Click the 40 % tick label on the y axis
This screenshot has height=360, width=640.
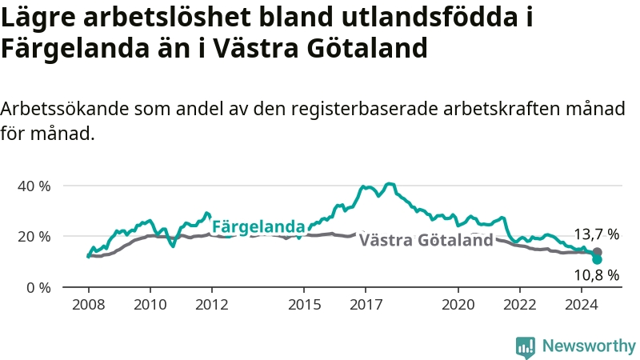pyautogui.click(x=34, y=186)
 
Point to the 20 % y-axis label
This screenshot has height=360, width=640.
pyautogui.click(x=34, y=237)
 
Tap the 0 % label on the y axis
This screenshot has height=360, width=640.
pyautogui.click(x=38, y=288)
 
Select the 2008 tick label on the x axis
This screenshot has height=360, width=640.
pyautogui.click(x=89, y=305)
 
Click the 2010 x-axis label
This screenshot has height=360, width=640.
pyautogui.click(x=150, y=305)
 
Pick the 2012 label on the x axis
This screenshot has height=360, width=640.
pyautogui.click(x=212, y=305)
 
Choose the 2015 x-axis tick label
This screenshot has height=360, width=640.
pyautogui.click(x=305, y=305)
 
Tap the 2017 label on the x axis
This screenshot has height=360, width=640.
pyautogui.click(x=366, y=305)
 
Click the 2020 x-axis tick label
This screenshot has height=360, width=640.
pyautogui.click(x=458, y=305)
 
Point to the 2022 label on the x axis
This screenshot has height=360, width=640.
pyautogui.click(x=520, y=305)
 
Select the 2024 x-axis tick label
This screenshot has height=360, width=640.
pyautogui.click(x=582, y=305)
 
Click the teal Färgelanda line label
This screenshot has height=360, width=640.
pyautogui.click(x=258, y=226)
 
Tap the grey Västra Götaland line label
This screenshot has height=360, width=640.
pyautogui.click(x=426, y=240)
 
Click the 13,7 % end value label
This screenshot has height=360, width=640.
pyautogui.click(x=597, y=234)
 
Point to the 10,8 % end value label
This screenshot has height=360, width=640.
pyautogui.click(x=597, y=275)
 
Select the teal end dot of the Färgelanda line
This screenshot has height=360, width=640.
pyautogui.click(x=597, y=259)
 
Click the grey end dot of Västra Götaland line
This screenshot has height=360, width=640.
pyautogui.click(x=597, y=252)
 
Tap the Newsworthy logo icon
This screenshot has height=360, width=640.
pyautogui.click(x=526, y=347)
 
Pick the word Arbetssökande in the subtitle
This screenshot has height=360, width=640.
pyautogui.click(x=65, y=110)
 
